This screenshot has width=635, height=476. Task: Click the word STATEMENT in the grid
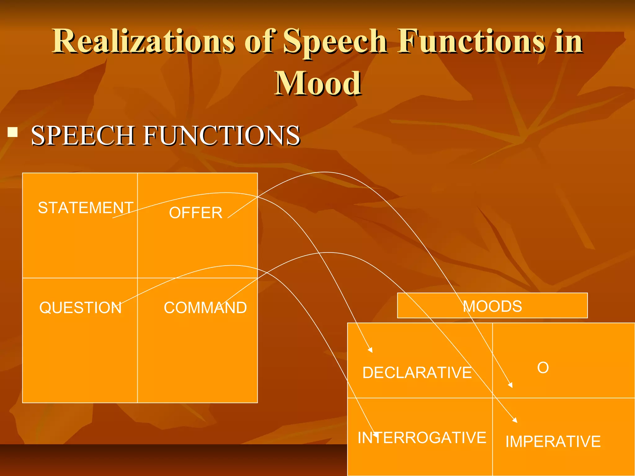[86, 208]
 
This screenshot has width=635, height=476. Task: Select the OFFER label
[196, 213]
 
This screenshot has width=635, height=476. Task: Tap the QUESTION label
[80, 308]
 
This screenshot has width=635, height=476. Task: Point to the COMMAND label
[205, 308]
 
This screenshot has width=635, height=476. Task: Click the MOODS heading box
[492, 306]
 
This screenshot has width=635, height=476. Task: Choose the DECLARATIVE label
[417, 372]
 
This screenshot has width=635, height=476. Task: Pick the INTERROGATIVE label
[422, 438]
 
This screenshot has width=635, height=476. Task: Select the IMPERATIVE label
[553, 441]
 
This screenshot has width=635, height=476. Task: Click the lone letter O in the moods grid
[543, 368]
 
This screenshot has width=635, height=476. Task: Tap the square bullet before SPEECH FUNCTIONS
[13, 132]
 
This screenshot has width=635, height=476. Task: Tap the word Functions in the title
[471, 41]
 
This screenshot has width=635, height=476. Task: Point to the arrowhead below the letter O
[510, 385]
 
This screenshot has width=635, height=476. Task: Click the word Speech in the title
[335, 41]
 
